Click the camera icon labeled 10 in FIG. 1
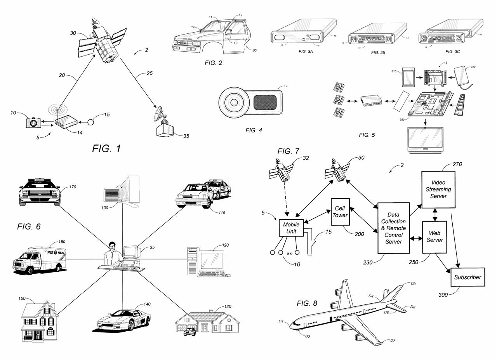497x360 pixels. point(33,122)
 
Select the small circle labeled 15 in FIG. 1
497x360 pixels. point(90,122)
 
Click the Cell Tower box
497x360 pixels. point(340,212)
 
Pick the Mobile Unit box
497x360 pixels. point(291,228)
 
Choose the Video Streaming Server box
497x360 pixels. point(438,190)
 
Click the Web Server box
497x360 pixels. point(434,237)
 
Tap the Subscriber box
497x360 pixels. point(467,277)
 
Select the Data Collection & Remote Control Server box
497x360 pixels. point(393,228)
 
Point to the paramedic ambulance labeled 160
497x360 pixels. point(39,259)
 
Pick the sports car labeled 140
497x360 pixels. point(123,319)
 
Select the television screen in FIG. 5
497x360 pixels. point(425,140)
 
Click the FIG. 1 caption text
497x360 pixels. point(106,148)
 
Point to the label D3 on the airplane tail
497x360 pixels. point(413,284)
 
